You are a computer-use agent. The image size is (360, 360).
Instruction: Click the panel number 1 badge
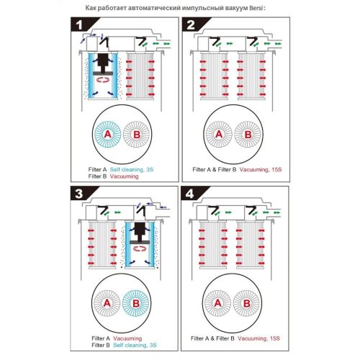click(x=81, y=25)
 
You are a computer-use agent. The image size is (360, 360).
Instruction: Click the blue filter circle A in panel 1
click(x=107, y=135)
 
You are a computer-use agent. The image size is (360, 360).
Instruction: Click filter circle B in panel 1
click(x=136, y=135)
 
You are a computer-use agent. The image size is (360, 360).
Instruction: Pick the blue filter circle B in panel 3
click(x=136, y=303)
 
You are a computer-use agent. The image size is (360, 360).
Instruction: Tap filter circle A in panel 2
click(x=219, y=135)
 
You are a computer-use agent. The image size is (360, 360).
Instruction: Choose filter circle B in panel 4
click(x=246, y=303)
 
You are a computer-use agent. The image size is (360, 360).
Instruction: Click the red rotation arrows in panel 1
click(x=103, y=80)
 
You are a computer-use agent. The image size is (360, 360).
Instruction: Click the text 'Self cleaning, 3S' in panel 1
click(x=132, y=169)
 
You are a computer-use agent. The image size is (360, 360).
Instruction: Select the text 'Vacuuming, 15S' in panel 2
click(x=261, y=169)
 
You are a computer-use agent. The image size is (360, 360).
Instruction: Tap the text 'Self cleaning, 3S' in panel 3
click(x=135, y=345)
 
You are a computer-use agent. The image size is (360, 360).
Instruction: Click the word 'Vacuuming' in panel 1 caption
click(x=125, y=176)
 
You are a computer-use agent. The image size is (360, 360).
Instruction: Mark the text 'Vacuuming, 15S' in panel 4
click(x=258, y=338)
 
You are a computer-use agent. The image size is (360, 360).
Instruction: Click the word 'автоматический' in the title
click(x=155, y=8)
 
